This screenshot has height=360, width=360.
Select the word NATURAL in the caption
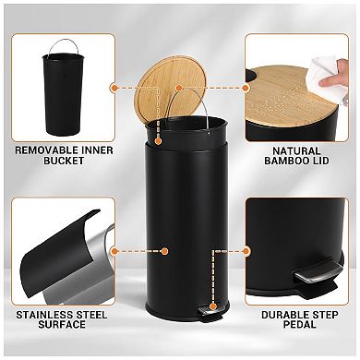297,150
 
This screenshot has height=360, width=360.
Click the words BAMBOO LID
297,163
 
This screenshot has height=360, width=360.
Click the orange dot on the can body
163,250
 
